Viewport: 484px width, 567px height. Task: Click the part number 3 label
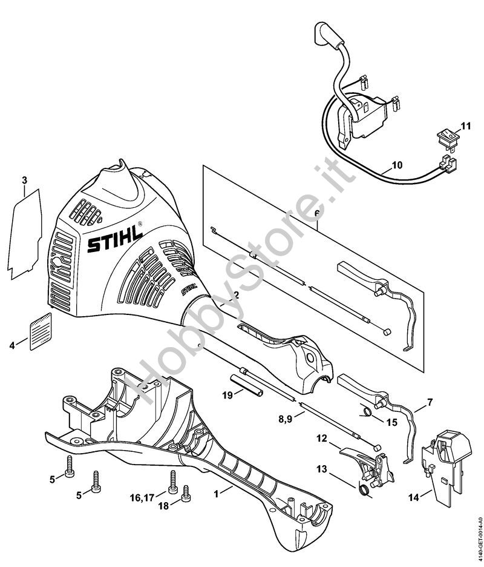(24, 181)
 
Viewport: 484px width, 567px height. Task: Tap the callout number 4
(12, 345)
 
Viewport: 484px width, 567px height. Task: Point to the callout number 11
(465, 126)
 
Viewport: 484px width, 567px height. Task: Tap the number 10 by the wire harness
(396, 165)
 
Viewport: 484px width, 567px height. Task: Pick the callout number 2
(236, 296)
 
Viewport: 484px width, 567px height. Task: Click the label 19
(227, 395)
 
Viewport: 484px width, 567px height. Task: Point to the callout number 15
(391, 422)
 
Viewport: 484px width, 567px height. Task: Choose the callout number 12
(322, 437)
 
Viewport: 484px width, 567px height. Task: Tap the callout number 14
(413, 498)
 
